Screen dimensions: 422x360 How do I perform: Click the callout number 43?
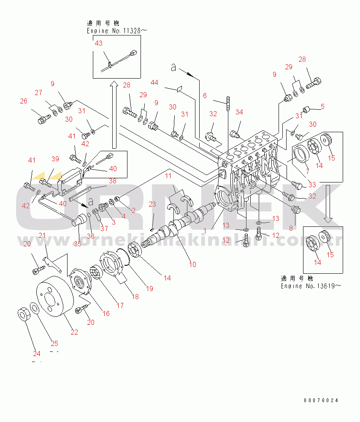click(x=98, y=43)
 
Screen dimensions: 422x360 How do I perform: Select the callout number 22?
click(x=74, y=332)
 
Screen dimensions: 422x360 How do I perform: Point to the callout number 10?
click(x=192, y=264)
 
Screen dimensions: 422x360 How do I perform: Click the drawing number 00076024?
click(x=321, y=400)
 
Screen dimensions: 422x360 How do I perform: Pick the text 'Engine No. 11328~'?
click(x=117, y=31)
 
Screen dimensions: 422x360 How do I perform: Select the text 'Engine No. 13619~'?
click(x=311, y=286)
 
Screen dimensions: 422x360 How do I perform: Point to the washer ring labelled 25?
click(x=36, y=308)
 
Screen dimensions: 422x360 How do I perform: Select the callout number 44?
click(x=155, y=83)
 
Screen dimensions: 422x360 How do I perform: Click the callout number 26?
click(x=23, y=101)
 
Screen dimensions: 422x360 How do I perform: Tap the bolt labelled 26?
click(x=42, y=120)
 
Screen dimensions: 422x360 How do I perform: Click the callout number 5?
click(x=322, y=106)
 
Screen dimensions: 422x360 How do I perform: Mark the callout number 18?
click(x=135, y=296)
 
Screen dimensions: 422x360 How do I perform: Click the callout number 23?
click(x=152, y=204)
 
